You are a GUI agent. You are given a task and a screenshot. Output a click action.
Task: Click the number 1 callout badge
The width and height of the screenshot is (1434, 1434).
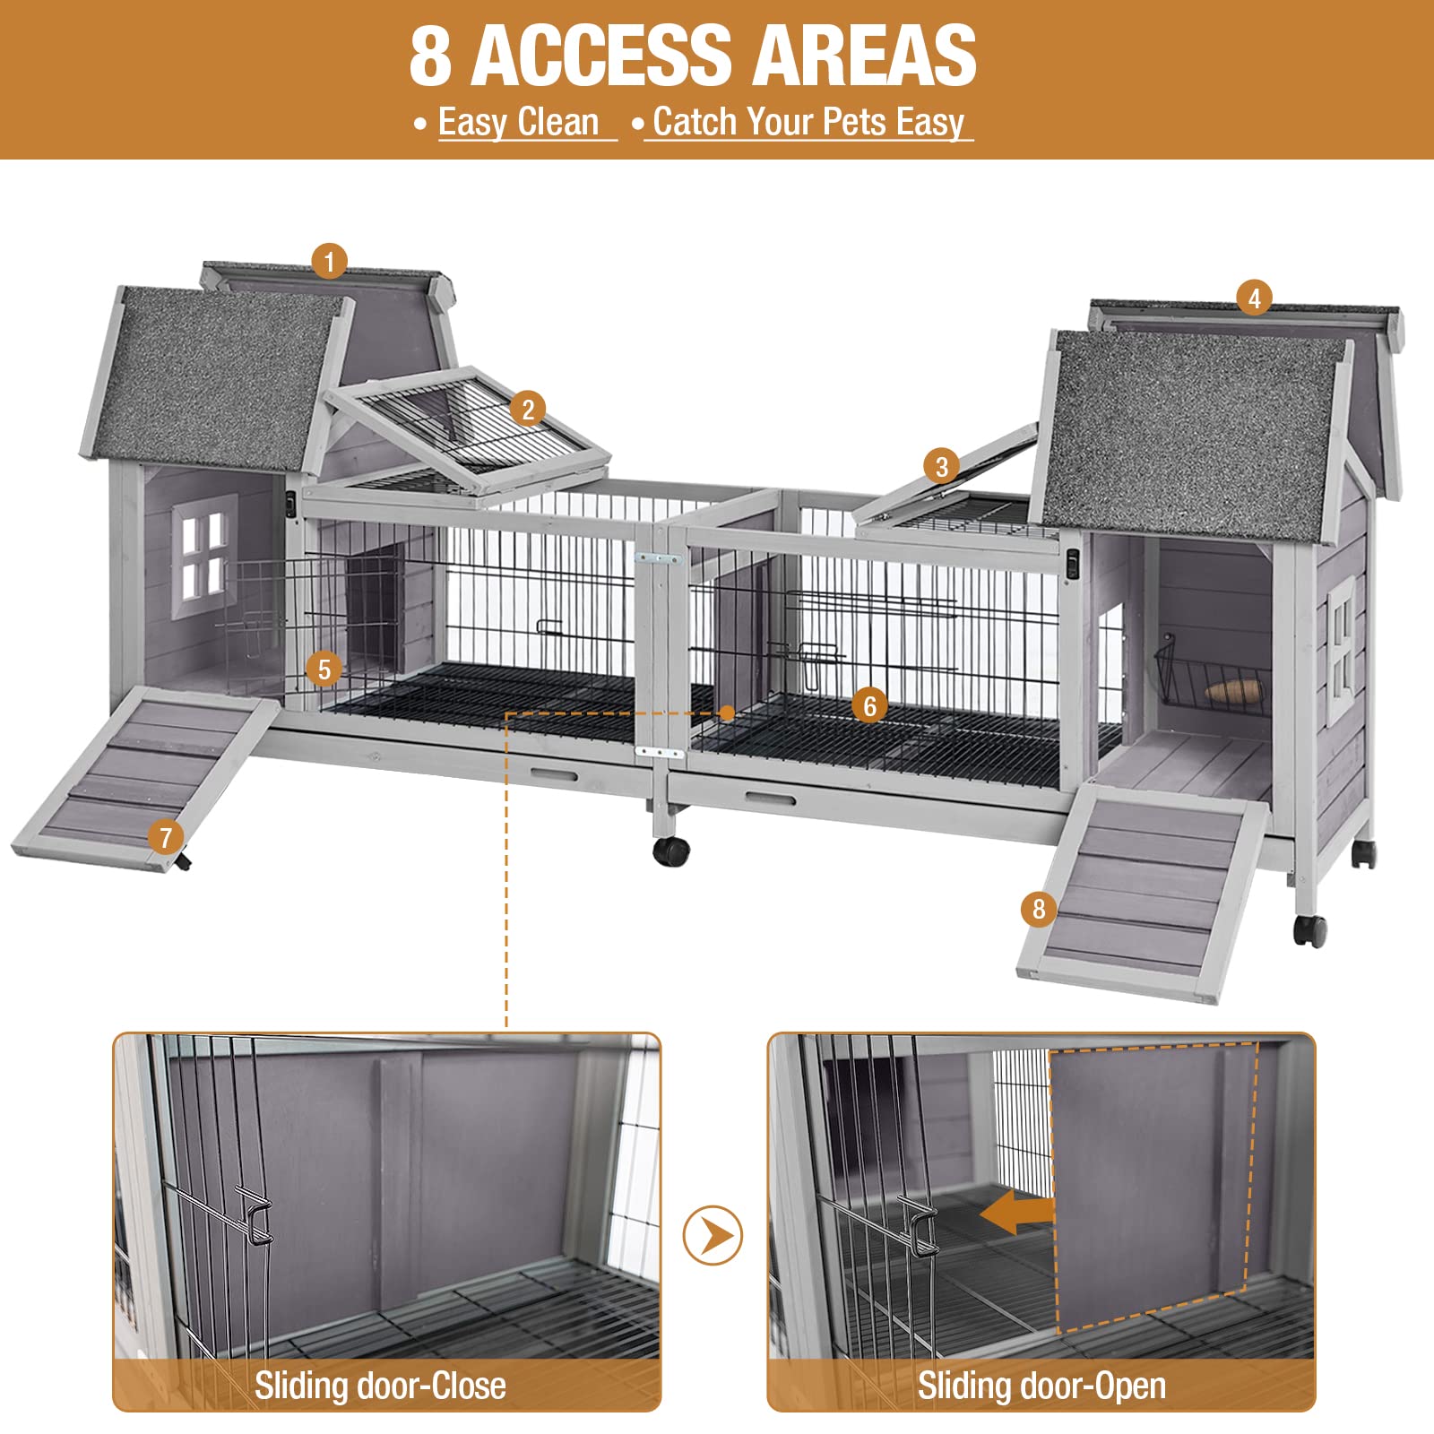(x=330, y=262)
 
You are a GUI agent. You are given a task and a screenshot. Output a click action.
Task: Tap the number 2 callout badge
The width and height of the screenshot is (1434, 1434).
(x=528, y=410)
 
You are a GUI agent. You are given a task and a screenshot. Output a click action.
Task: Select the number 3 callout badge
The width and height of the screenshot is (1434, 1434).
(x=941, y=466)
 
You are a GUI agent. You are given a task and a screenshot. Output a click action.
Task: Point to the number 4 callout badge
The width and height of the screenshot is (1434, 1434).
(x=1254, y=298)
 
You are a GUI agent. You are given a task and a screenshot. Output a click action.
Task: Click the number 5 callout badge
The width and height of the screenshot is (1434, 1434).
(x=324, y=669)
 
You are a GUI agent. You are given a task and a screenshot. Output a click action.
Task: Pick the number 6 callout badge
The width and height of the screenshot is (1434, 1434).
(x=869, y=705)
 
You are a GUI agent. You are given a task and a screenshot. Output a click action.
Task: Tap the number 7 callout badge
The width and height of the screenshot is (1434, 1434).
(x=166, y=838)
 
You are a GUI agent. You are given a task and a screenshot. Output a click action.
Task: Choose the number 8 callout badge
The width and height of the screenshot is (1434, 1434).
(x=1038, y=909)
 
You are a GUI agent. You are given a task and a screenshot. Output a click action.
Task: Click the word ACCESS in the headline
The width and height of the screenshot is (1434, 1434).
(x=601, y=56)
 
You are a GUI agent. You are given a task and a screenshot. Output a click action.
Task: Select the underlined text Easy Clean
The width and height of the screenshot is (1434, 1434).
(x=519, y=122)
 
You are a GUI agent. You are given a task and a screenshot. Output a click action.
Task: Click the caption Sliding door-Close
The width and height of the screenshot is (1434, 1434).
(x=380, y=1386)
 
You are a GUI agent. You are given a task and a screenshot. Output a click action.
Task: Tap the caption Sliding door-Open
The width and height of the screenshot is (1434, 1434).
(x=1041, y=1386)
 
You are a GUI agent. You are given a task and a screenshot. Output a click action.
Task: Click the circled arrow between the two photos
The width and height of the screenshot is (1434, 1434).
(x=713, y=1236)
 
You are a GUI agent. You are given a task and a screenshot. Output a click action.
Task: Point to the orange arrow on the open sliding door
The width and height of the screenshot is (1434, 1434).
(x=1016, y=1213)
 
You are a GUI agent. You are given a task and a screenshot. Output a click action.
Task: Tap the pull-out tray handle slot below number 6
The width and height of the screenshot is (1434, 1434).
(x=769, y=799)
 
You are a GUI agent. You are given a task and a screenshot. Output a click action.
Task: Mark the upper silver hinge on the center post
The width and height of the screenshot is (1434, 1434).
(x=658, y=558)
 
